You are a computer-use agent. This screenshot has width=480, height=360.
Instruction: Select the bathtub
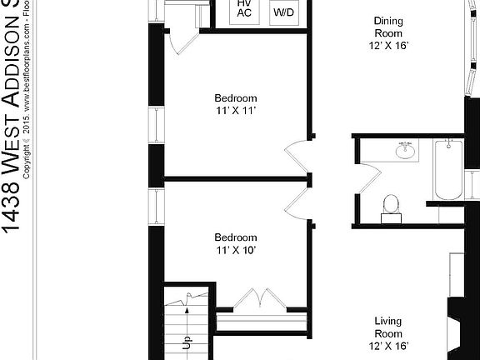[x=447, y=170]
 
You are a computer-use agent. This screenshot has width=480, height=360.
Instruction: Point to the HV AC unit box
[x=222, y=10]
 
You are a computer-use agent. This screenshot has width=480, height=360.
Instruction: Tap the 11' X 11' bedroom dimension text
[x=236, y=109]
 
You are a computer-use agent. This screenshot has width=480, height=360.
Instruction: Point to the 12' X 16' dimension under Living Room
[x=389, y=344]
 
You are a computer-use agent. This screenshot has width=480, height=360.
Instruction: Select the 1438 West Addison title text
[x=11, y=117]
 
